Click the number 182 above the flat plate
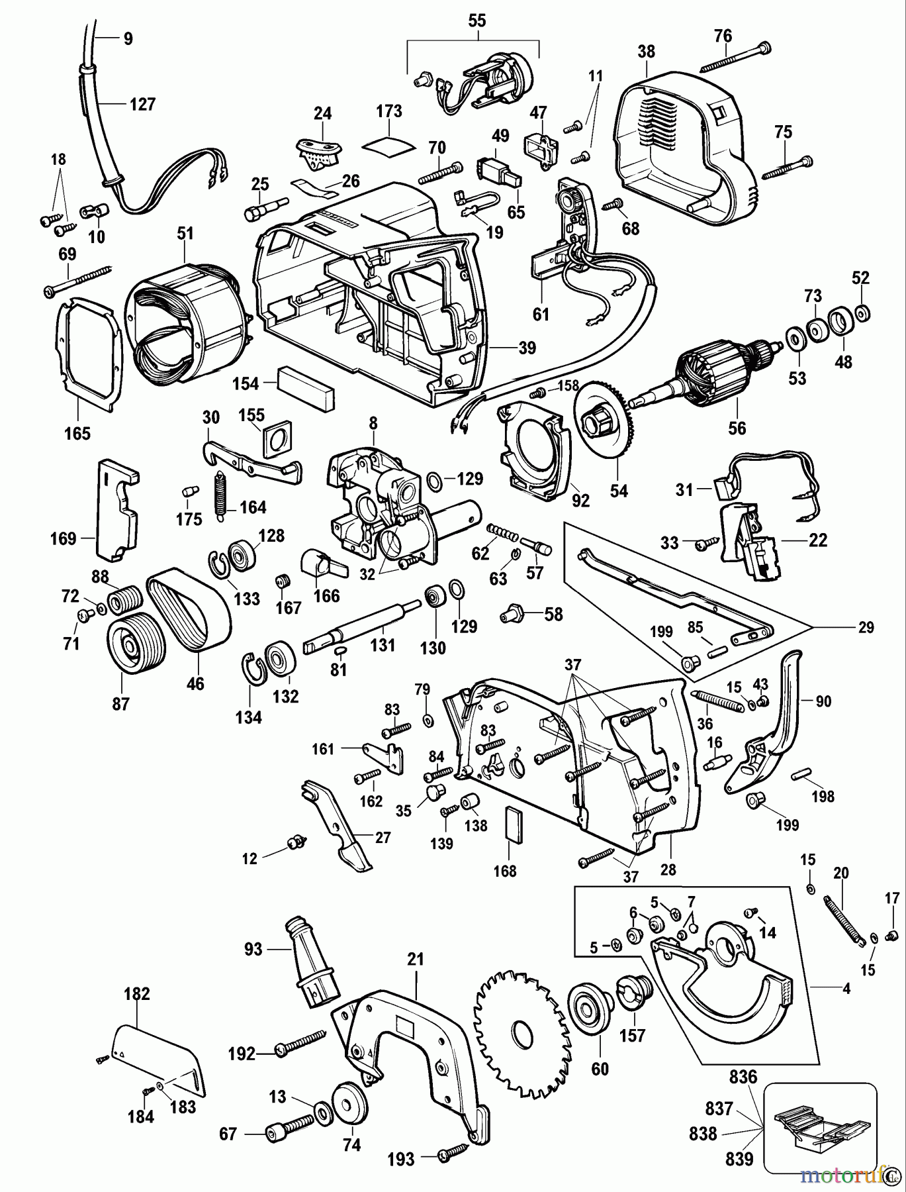coord(137,993)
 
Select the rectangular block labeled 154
coord(306,382)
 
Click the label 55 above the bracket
coord(476,21)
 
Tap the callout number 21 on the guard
coord(416,958)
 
